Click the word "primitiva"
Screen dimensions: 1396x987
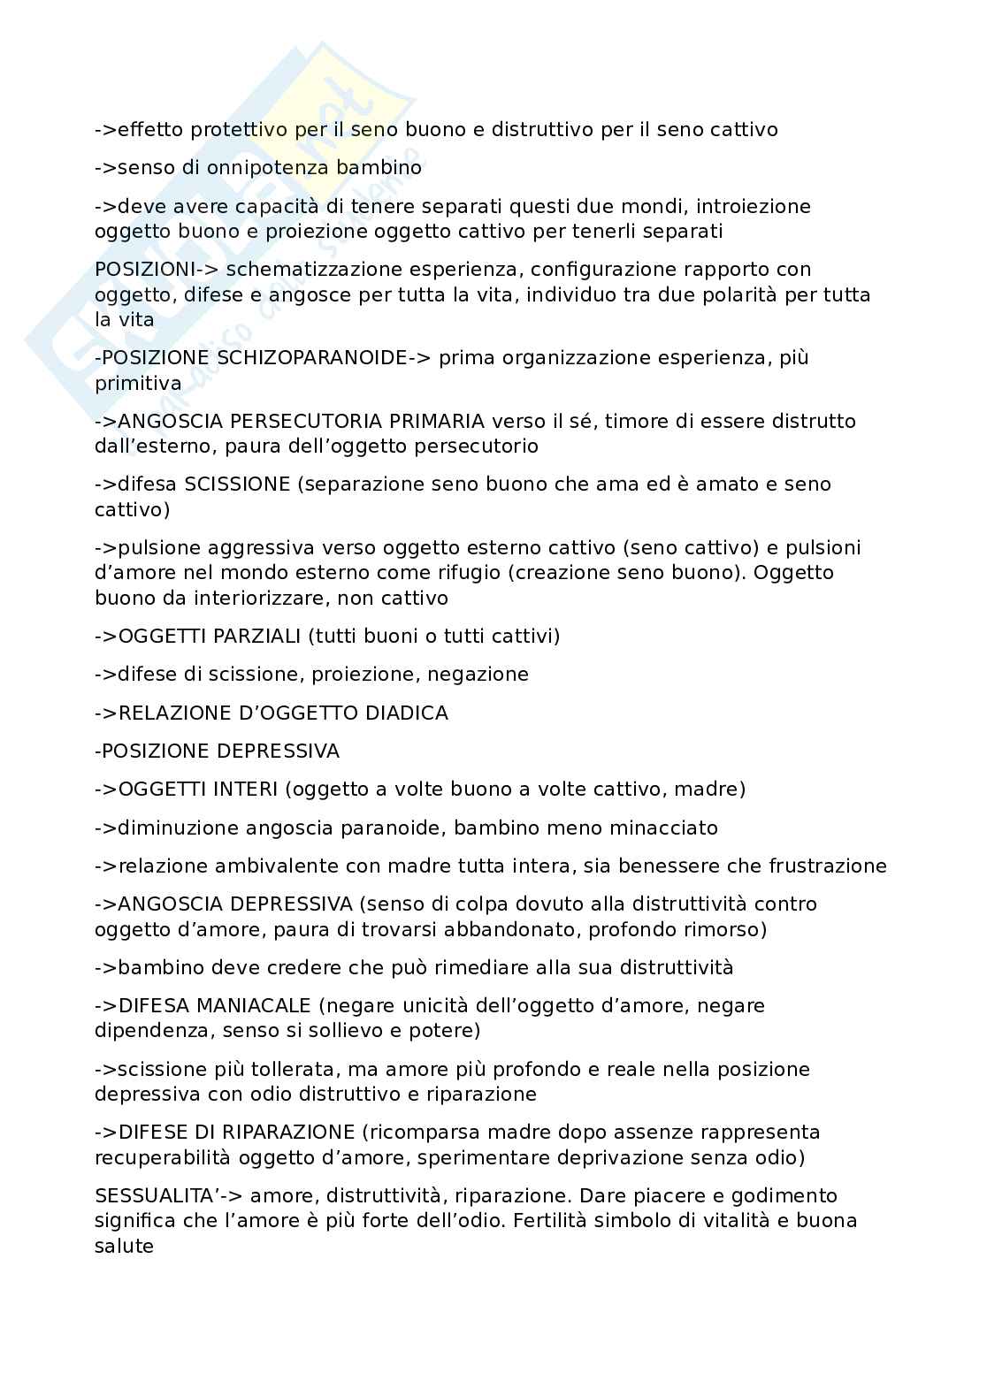point(138,384)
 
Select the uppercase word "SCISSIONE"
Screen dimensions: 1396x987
point(237,484)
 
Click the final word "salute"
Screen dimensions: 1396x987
point(125,1247)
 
